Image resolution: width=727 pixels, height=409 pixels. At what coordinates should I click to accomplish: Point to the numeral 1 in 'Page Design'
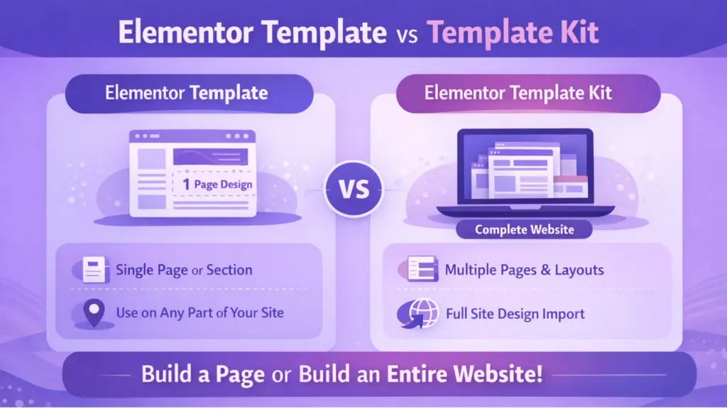(x=185, y=185)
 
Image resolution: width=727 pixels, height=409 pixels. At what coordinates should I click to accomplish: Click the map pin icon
(x=93, y=312)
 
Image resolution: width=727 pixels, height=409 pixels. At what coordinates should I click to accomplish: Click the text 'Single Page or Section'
(x=184, y=270)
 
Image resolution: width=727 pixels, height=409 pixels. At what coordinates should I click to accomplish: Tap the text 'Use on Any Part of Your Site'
(x=200, y=312)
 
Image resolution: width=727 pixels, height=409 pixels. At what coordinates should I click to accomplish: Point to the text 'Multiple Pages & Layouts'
(x=524, y=270)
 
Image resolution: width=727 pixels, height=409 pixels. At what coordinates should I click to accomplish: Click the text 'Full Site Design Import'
(x=515, y=313)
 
